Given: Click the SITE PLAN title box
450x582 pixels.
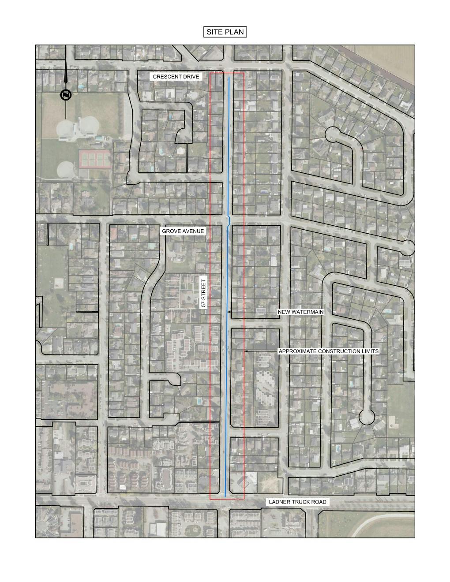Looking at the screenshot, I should pos(225,32).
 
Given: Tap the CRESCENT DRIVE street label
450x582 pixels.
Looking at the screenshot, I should pos(176,77).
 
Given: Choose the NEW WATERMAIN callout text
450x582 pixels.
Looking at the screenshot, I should pos(300,312).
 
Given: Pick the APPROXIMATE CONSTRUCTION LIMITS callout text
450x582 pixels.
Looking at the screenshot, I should pos(329,351).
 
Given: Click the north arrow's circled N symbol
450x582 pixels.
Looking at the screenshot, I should pos(66,95).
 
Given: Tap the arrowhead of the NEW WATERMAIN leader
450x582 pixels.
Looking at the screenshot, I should pos(229,312).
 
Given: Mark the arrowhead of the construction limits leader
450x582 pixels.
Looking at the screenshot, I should pos(245,351).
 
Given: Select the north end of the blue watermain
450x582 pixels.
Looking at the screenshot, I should pos(229,78).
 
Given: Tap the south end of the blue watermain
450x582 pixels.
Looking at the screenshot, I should pos(226,496).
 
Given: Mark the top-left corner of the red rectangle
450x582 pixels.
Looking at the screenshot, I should pos(210,73).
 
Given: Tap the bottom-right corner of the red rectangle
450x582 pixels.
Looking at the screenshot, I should pos(244,500).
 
